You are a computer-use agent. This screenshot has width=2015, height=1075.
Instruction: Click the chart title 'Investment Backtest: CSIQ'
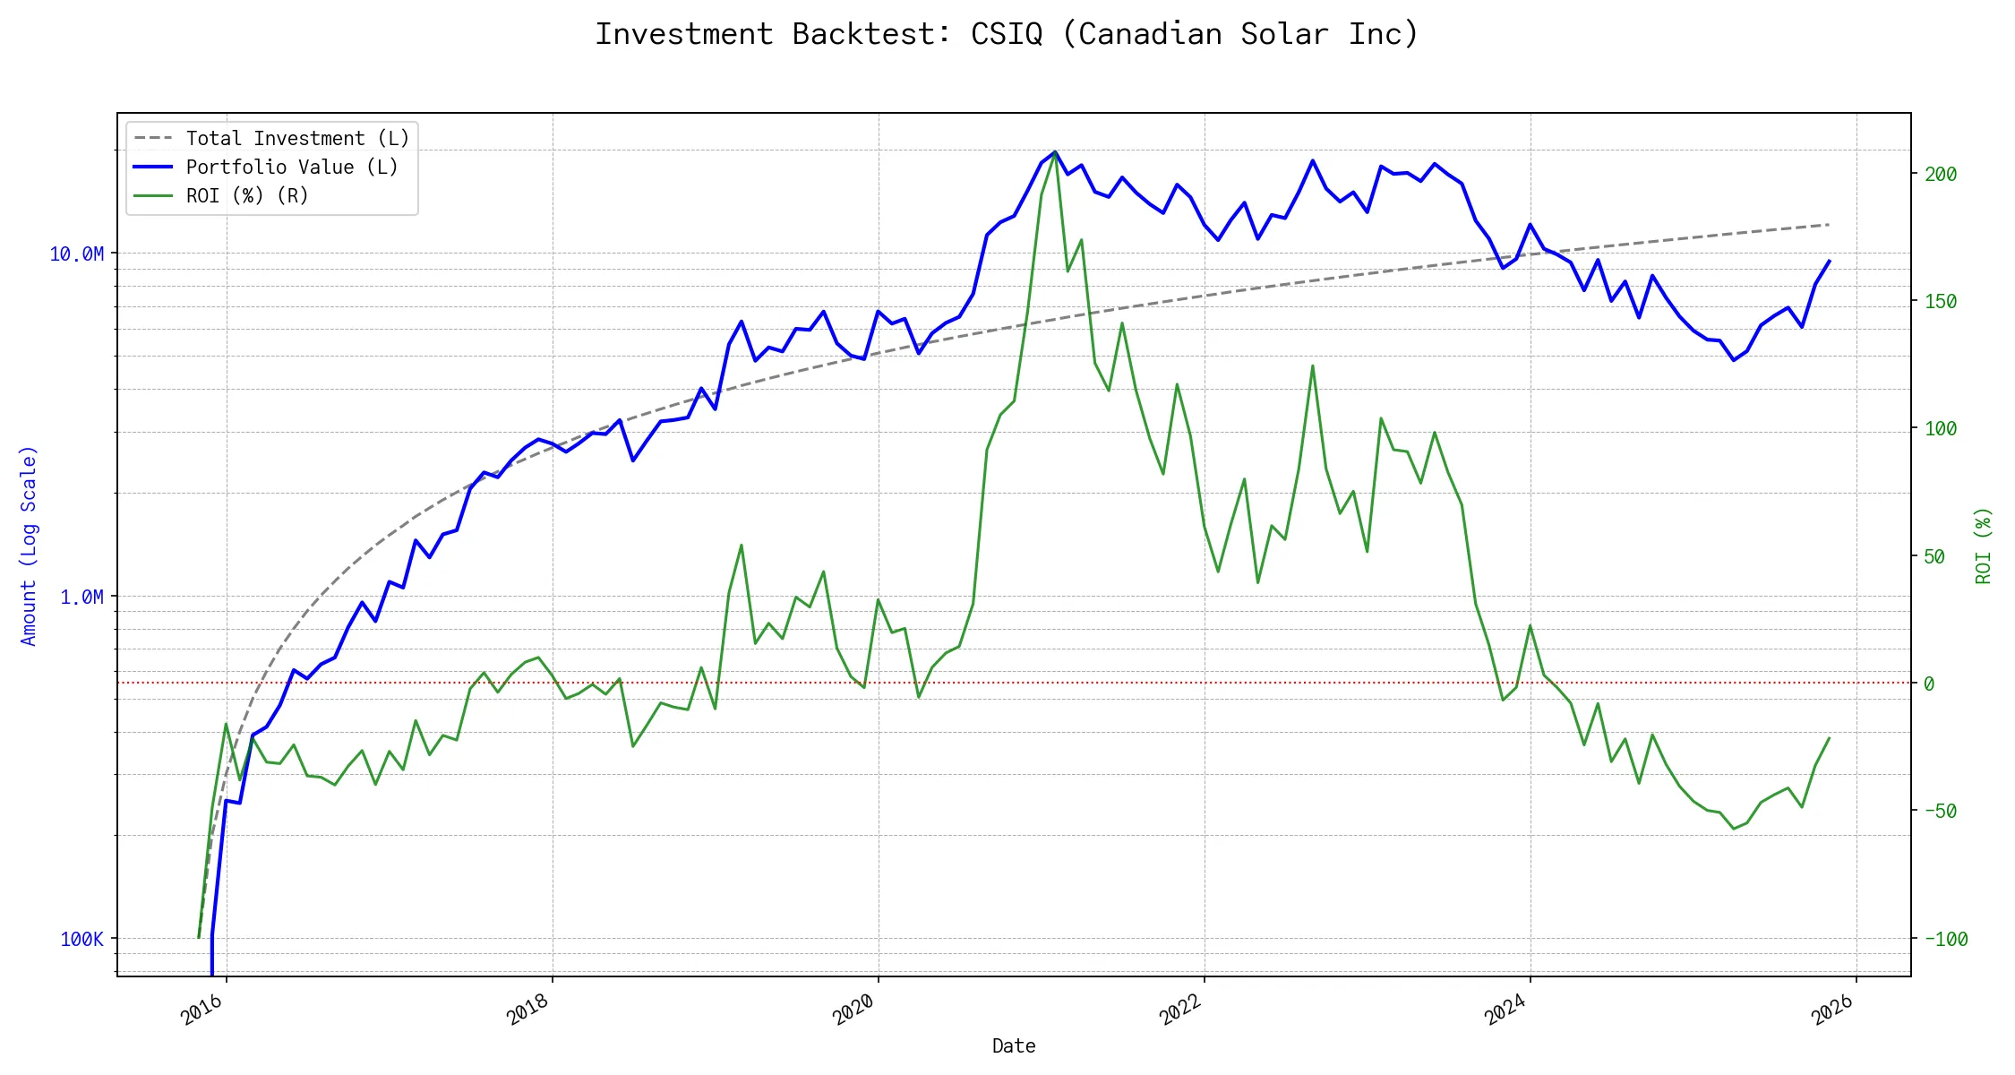pos(1007,34)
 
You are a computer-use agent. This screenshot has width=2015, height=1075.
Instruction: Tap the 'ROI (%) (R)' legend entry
pos(247,196)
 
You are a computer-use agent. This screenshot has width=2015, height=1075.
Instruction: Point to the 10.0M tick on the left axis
pos(77,254)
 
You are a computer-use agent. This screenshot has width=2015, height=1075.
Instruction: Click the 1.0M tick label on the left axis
pos(81,598)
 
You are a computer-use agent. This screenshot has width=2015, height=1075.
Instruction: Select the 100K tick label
pos(81,940)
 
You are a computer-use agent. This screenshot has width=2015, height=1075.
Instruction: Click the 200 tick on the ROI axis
pos(1941,175)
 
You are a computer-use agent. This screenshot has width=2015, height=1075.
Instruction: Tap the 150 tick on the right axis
pos(1941,302)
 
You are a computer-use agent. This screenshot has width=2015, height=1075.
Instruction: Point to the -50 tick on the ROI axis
pos(1941,812)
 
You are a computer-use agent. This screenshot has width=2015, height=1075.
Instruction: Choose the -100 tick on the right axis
pos(1946,940)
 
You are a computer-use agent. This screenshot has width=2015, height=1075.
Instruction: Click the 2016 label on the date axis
pos(201,1010)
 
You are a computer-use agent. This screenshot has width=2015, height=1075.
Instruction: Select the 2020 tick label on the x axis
pos(853,1010)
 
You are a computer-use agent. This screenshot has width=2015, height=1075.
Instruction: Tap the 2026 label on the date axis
pos(1831,1010)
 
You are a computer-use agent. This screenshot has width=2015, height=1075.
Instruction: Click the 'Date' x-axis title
pos(1014,1046)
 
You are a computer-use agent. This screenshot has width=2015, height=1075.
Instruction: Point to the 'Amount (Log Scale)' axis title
pos(29,546)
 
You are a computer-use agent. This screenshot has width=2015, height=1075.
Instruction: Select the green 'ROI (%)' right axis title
pos(1984,546)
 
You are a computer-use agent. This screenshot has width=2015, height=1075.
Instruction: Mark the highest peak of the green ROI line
pos(1055,152)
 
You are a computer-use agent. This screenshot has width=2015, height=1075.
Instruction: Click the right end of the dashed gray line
pos(1829,224)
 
